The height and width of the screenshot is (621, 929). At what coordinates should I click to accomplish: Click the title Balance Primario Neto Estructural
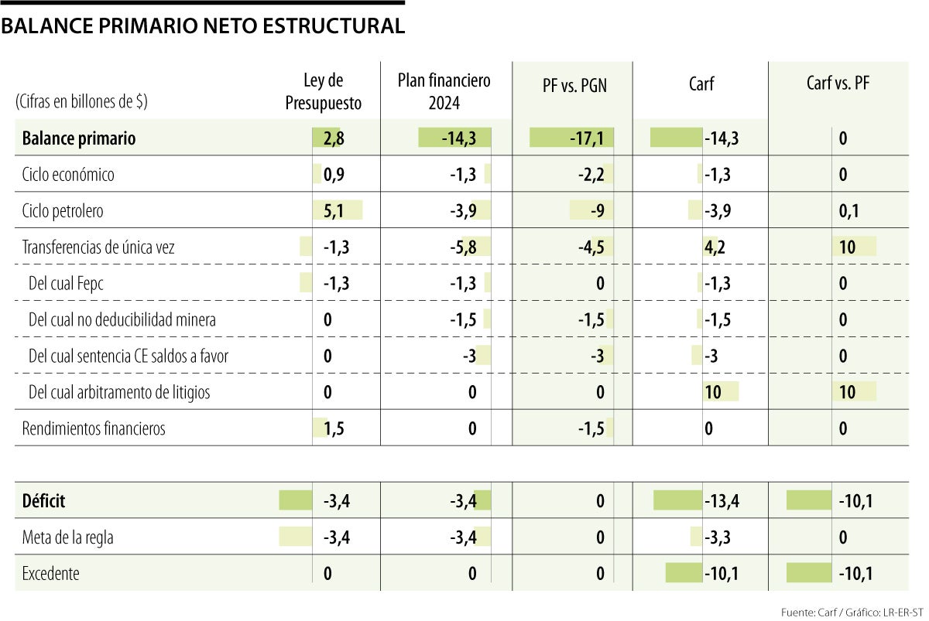[x=203, y=26]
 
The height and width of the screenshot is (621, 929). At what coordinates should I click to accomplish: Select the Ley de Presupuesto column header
[x=323, y=91]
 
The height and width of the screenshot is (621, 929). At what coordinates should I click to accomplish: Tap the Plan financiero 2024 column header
[x=444, y=91]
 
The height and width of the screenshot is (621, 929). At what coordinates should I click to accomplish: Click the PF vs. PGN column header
[x=574, y=86]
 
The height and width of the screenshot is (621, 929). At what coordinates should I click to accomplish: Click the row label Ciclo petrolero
[x=63, y=211]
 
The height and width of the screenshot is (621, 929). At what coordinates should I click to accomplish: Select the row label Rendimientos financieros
[x=94, y=428]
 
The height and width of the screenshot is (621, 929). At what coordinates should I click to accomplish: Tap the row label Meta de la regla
[x=68, y=537]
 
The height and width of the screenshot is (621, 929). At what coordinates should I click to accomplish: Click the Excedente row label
[x=51, y=574]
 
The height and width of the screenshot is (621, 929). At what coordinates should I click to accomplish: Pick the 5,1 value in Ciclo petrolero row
[x=334, y=211]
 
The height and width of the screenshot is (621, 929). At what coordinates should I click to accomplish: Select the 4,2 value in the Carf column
[x=715, y=247]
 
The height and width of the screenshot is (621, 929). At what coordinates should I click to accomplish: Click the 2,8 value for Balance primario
[x=334, y=138]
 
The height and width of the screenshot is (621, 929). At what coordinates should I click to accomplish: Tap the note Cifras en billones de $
[x=81, y=102]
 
